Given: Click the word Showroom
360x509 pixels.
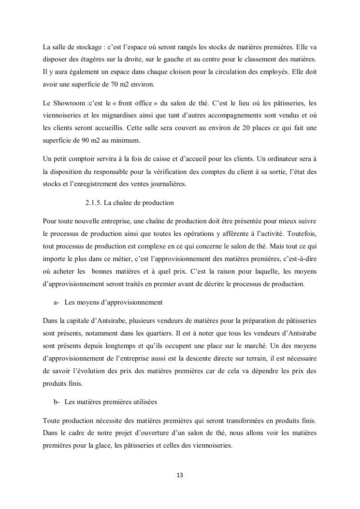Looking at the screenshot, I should (69, 103).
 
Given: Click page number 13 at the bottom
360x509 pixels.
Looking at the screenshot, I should (180, 475).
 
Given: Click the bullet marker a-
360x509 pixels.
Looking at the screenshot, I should (56, 302).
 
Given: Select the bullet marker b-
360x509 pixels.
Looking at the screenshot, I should (56, 402).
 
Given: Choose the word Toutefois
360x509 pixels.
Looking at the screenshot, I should (300, 233).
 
